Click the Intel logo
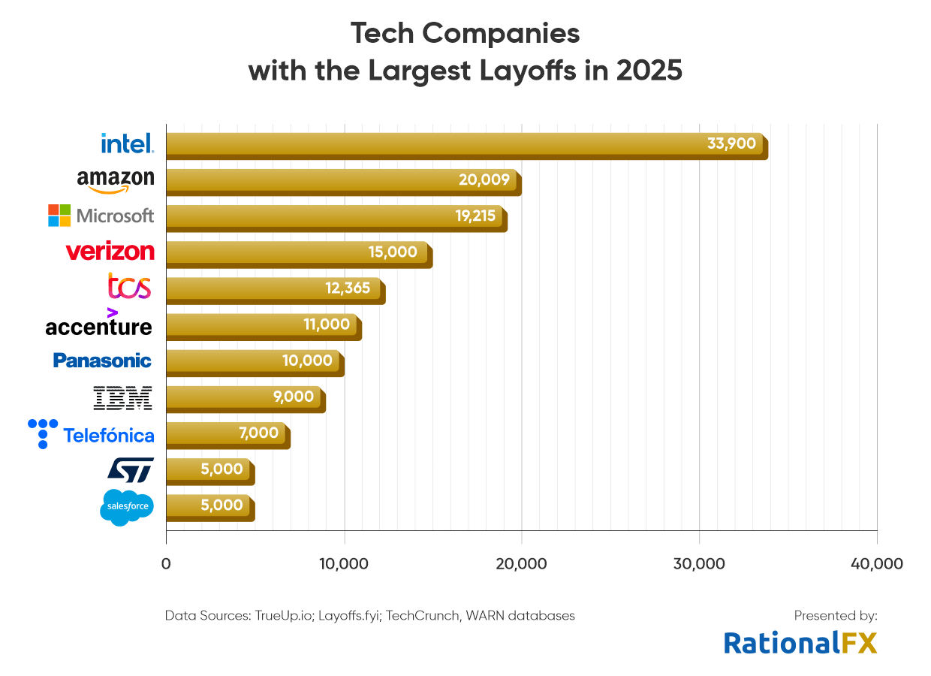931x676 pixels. tap(127, 143)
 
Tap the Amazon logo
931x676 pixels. tap(116, 180)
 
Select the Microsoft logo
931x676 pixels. tap(101, 216)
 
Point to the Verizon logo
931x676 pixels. tap(110, 252)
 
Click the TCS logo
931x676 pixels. tap(129, 287)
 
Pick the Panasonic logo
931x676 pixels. tap(102, 361)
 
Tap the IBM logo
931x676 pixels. tap(122, 398)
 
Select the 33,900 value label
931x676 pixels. tap(731, 143)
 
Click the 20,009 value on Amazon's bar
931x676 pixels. tap(484, 180)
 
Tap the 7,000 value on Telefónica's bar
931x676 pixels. tap(259, 433)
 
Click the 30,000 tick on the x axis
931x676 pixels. tap(699, 564)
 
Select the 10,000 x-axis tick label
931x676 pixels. tap(344, 564)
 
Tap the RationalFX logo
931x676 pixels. tap(800, 642)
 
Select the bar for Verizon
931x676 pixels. tap(297, 253)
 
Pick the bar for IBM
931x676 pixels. tap(244, 398)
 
